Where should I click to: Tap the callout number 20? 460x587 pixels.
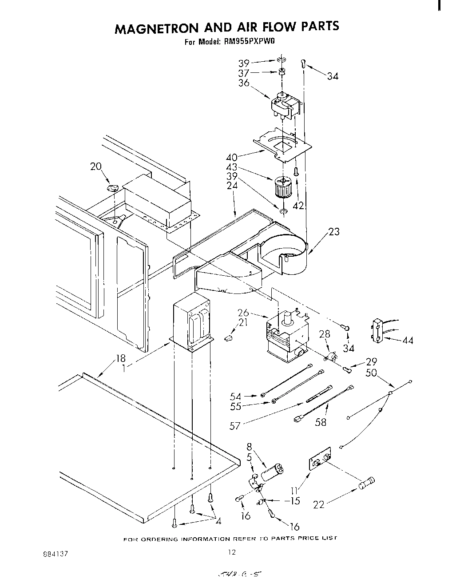click(95, 167)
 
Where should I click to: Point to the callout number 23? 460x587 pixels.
click(333, 232)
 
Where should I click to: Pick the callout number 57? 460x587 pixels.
click(235, 426)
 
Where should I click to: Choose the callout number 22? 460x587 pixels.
click(319, 504)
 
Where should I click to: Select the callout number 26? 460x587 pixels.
click(243, 313)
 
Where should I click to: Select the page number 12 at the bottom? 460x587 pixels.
click(231, 552)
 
